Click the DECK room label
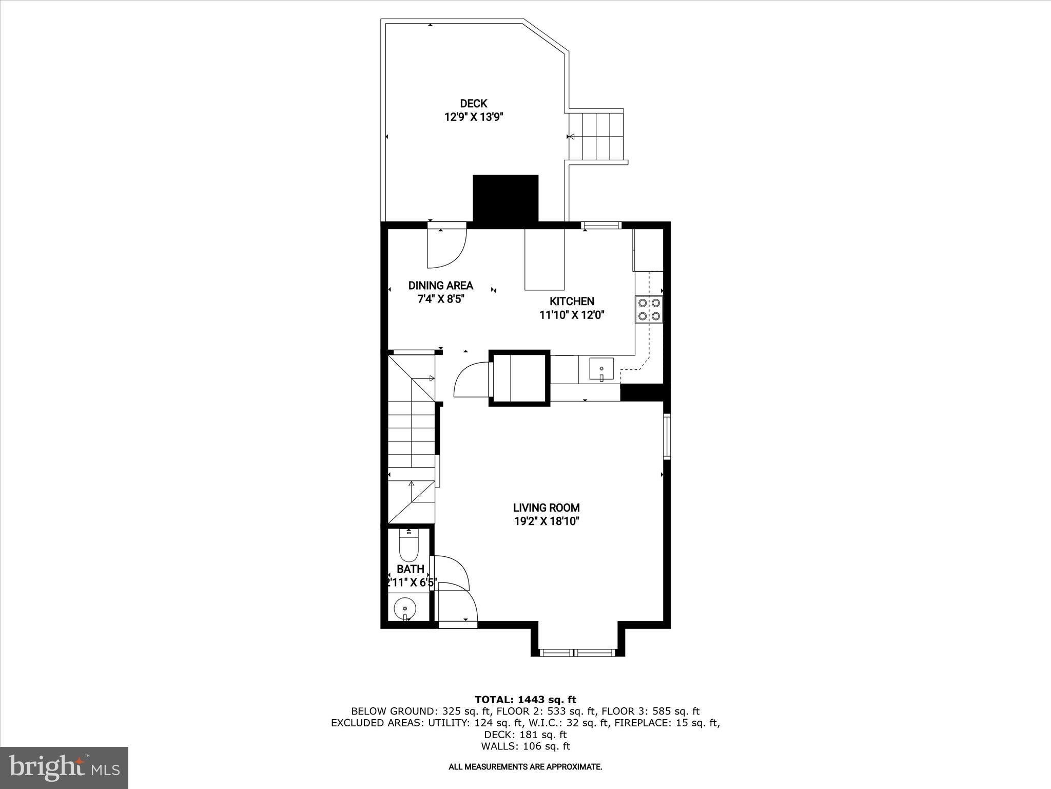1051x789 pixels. (473, 104)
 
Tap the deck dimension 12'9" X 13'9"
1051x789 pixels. (473, 117)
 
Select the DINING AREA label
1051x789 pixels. (441, 286)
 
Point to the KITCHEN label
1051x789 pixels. (572, 302)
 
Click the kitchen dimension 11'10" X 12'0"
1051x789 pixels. (572, 315)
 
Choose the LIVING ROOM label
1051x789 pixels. (547, 508)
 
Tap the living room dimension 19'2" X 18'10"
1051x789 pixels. (547, 521)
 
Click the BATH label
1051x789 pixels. (411, 569)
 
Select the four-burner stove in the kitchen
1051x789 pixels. (649, 310)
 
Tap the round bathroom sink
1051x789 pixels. (405, 609)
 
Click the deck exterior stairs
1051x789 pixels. (596, 137)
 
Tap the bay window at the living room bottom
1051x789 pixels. (578, 653)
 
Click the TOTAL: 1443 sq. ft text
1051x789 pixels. (525, 699)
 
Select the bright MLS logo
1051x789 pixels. (65, 767)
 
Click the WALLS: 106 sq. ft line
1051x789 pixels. (525, 746)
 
